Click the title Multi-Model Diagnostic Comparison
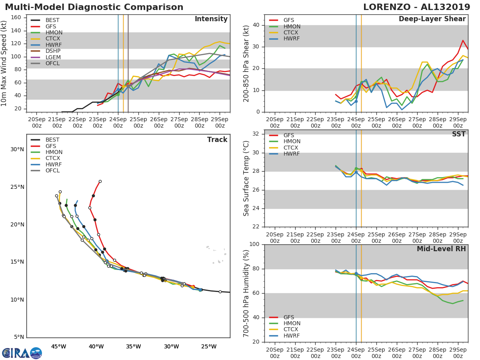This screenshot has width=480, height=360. coord(94,7)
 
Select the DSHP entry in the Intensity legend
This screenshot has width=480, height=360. coord(53,51)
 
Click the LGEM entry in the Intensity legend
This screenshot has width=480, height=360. coord(53,57)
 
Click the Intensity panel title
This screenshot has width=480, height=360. coord(211,19)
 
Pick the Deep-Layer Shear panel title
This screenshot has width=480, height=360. coord(432,19)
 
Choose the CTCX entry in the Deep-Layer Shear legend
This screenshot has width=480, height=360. coord(292,32)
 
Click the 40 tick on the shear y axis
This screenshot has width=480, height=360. coord(256,25)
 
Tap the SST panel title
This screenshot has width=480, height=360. coord(459,134)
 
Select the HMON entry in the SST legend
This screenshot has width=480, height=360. coord(292,141)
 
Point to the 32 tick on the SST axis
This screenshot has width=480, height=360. coord(256,134)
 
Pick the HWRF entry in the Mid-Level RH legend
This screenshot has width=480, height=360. coord(292,336)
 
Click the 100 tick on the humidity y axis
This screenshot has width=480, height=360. coord(254,244)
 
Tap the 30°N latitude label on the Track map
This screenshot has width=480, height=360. coord(17,150)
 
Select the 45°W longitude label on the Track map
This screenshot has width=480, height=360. coord(58,346)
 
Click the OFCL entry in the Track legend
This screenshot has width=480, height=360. coord(53,170)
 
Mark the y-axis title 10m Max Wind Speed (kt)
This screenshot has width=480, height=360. coord(4,64)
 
